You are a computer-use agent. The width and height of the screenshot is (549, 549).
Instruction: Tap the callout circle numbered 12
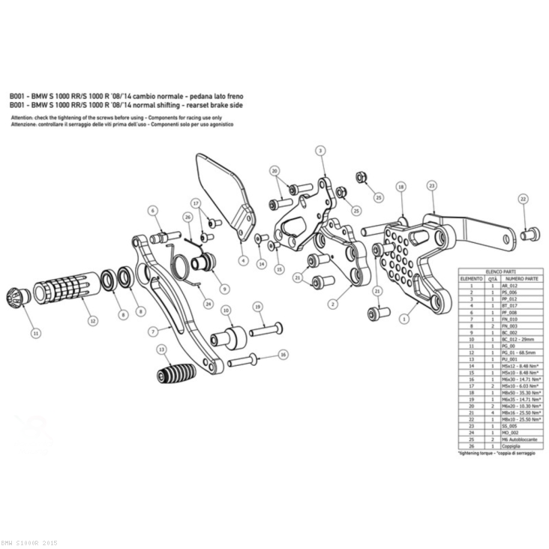[x=91, y=320]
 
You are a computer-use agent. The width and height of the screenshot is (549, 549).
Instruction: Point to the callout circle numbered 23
[x=431, y=185]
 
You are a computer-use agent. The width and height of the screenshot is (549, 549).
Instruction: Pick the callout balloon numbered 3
[x=320, y=151]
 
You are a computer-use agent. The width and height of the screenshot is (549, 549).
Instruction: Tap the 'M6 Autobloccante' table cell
[x=515, y=438]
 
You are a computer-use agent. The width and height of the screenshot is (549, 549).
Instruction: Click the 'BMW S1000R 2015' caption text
[x=28, y=542]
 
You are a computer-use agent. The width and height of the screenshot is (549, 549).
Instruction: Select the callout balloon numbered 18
[x=401, y=187]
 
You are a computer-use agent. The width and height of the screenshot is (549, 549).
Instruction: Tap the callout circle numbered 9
[x=224, y=288]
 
